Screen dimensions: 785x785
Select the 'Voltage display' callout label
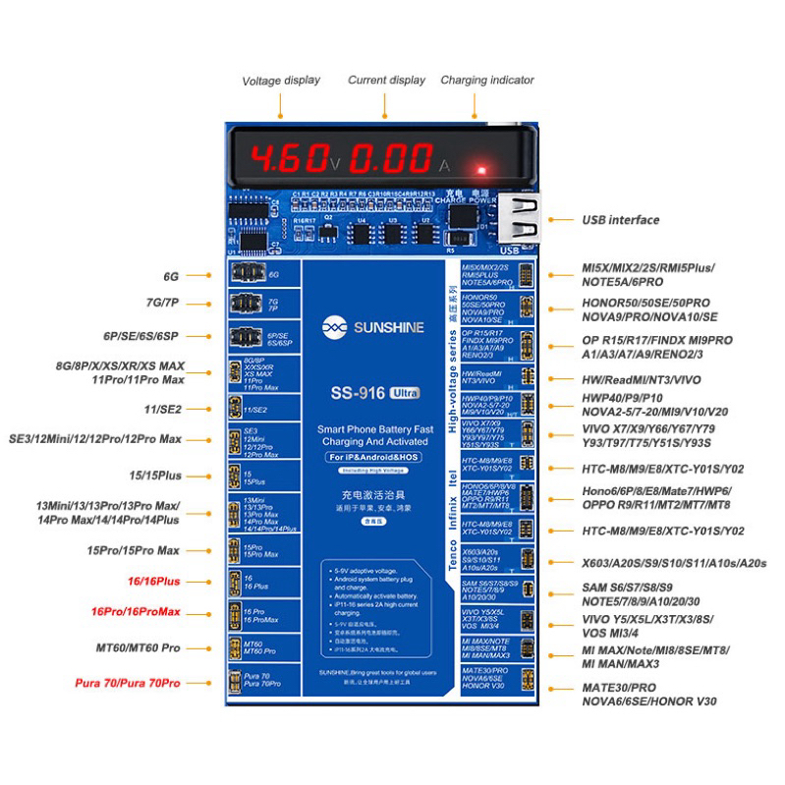point(281,81)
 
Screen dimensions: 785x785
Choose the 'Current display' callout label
point(387,81)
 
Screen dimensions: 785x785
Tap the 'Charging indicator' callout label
point(487,81)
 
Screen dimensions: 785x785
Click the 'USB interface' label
point(620,220)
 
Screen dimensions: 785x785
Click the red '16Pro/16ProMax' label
point(136,612)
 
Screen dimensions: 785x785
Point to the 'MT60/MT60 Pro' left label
point(139,648)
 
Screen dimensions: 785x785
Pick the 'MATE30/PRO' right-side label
point(618,688)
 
